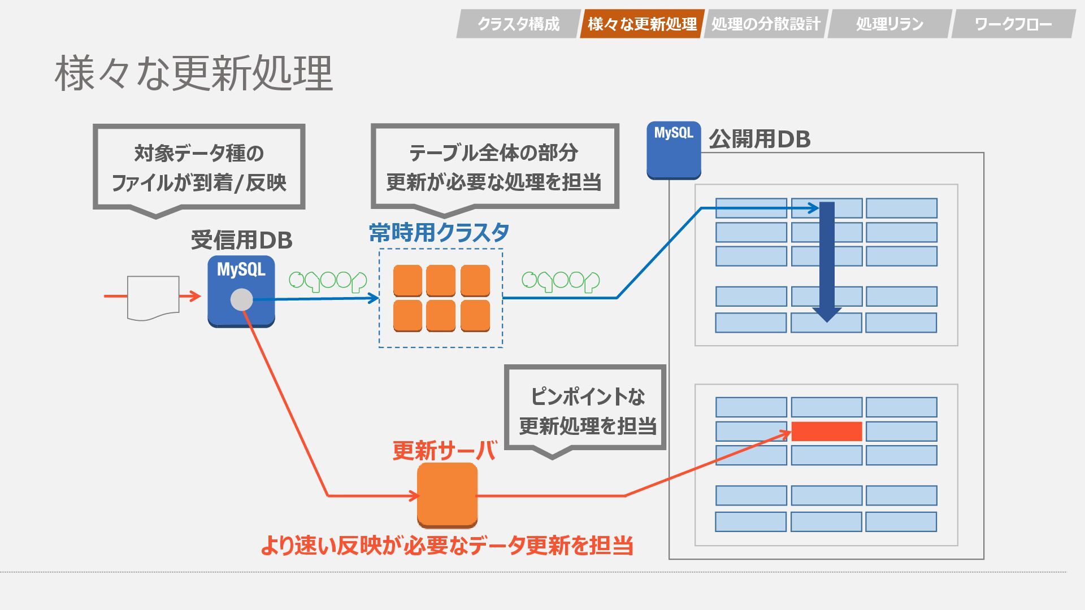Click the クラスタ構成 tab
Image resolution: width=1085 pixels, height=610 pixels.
click(518, 24)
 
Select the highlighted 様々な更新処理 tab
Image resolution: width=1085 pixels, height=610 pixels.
click(642, 24)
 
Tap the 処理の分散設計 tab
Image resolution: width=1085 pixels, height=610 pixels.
click(766, 24)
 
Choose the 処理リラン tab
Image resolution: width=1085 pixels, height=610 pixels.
click(889, 24)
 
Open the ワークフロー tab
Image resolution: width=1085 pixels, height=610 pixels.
click(1013, 24)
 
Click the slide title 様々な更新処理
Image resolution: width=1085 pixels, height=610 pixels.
click(194, 73)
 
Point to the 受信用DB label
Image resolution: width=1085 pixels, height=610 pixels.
click(241, 240)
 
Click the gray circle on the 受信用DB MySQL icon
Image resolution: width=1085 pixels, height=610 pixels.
click(242, 300)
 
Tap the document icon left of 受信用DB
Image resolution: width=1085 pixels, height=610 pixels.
click(153, 298)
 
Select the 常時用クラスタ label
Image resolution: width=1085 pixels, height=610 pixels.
click(439, 232)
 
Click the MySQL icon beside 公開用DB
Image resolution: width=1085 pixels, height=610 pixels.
click(674, 150)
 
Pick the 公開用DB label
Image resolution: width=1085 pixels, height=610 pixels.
click(759, 139)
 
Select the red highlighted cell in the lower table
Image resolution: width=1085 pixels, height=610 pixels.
click(826, 432)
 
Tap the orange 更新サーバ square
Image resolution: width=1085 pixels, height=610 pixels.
click(447, 495)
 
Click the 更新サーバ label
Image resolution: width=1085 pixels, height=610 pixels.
click(444, 450)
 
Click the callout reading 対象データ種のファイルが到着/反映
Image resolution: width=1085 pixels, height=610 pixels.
click(199, 168)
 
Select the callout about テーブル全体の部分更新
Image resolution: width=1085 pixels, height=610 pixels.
click(494, 167)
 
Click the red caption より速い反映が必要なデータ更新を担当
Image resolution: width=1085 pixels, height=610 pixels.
click(446, 546)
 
